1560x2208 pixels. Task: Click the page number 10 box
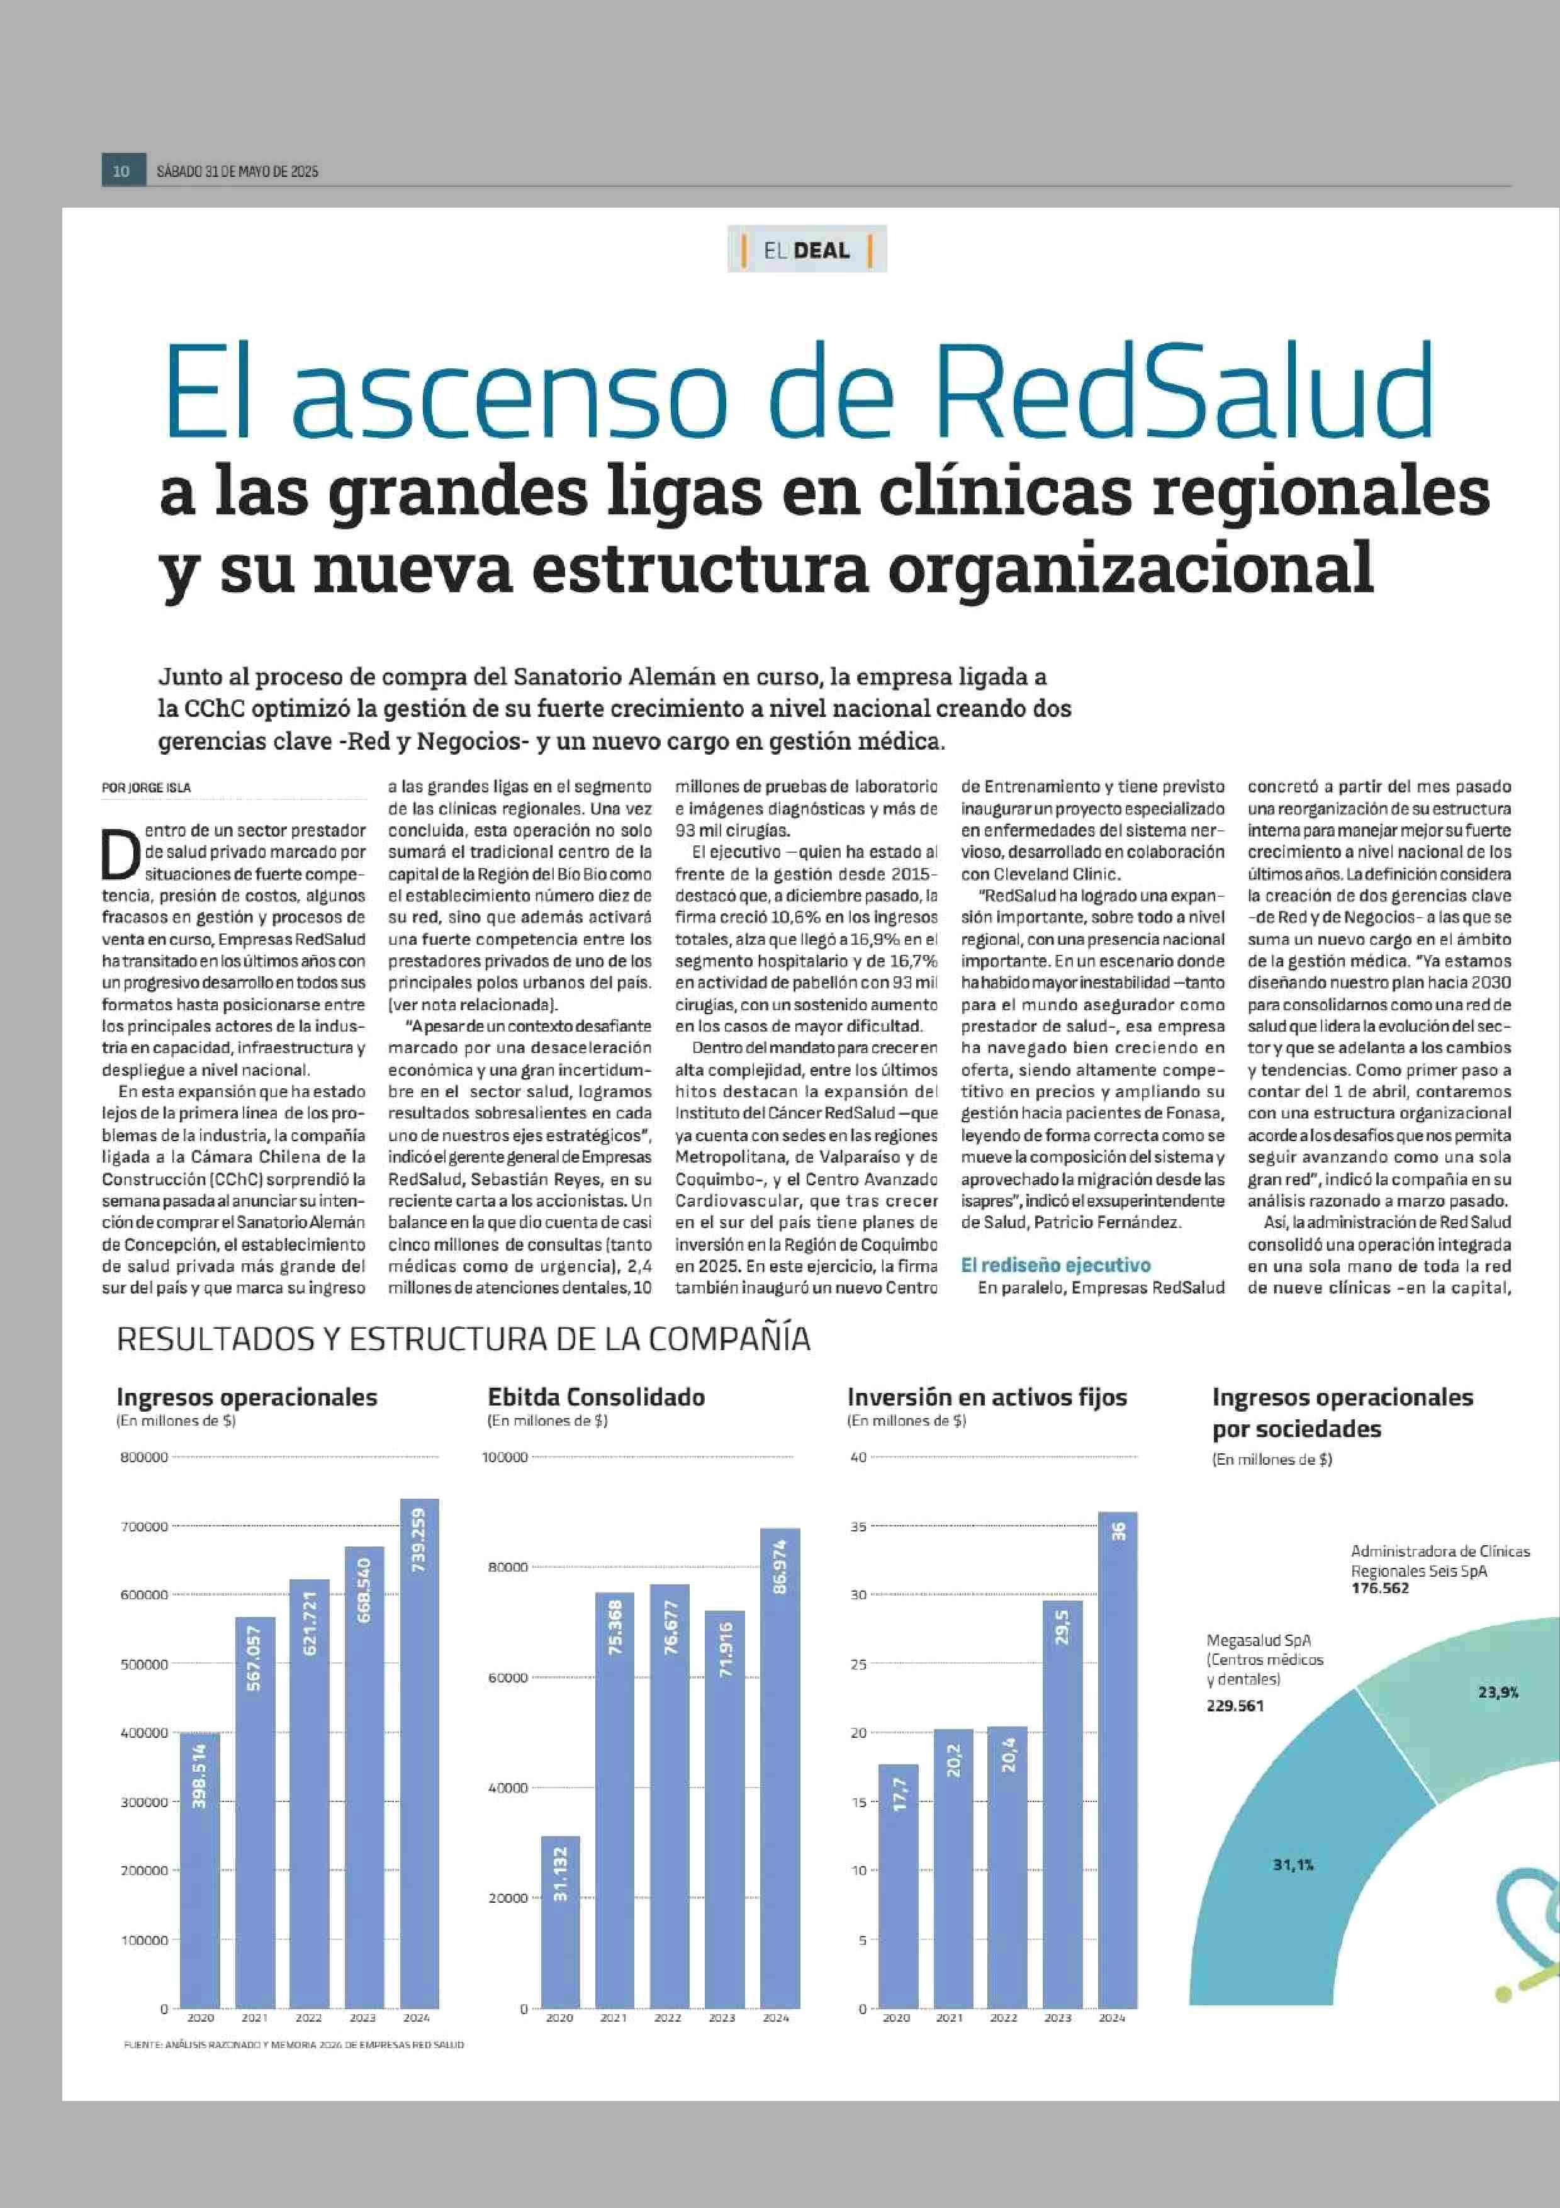click(x=122, y=171)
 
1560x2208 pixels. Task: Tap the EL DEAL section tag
click(x=807, y=250)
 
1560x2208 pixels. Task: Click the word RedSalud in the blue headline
click(x=1184, y=390)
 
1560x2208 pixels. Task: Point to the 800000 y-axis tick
click(x=144, y=1457)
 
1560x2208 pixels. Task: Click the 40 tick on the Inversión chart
click(x=858, y=1457)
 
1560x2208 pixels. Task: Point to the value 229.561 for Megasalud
click(x=1235, y=1705)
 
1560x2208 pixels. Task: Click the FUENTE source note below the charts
click(x=294, y=2044)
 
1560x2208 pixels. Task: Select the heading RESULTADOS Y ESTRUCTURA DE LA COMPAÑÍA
click(x=463, y=1339)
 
